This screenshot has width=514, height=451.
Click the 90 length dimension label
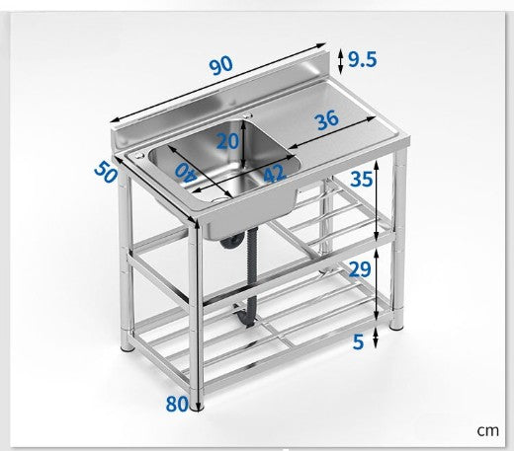pos(221,65)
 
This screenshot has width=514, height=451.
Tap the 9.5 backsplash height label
pos(362,60)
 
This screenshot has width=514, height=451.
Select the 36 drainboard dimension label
pos(327,119)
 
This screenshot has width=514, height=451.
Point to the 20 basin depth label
pos(227,141)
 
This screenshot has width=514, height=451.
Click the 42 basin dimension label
pos(274,174)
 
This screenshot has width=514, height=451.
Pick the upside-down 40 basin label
pos(186,172)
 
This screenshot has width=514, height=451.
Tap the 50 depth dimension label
pos(106,172)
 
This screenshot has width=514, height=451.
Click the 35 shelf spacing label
pos(362,180)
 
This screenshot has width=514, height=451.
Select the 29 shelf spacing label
pos(360,269)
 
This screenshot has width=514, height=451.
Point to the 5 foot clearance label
pos(358,341)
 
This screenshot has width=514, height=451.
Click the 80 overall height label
pos(177,404)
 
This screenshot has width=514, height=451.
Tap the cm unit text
pos(487,430)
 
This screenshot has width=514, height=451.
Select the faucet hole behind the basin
pos(248,115)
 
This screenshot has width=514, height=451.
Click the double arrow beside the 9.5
pos(341,61)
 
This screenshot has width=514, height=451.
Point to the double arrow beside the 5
pos(375,338)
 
